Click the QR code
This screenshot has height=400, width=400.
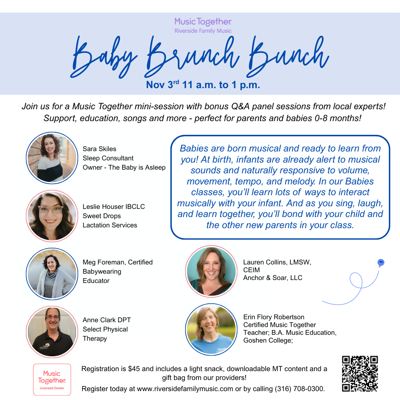pos(360,374)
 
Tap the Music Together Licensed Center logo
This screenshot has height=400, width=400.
pos(52,380)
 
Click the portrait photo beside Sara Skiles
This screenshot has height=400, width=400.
pos(52,158)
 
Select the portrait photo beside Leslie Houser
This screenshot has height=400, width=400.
pos(52,216)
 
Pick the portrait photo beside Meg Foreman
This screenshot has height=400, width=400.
pos(52,274)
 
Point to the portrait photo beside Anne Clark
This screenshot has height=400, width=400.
pos(52,332)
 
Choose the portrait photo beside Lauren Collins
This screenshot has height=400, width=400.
pos(211,271)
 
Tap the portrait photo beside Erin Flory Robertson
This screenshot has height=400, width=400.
pos(211,329)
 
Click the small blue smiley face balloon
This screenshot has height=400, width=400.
pos(381,263)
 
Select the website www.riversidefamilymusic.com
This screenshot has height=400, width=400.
pos(185,389)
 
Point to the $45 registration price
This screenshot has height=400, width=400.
pos(134,369)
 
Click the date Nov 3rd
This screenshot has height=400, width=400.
pos(163,84)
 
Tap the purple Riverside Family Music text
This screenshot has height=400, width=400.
pos(203,31)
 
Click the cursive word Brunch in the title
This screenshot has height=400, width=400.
pos(192,56)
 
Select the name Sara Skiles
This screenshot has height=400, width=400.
pos(100,149)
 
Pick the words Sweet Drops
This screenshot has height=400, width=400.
pos(102,216)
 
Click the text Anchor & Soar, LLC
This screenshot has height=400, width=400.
pos(273,278)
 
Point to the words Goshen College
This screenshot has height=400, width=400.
pos(268,340)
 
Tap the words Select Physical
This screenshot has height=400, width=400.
pos(105,329)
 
